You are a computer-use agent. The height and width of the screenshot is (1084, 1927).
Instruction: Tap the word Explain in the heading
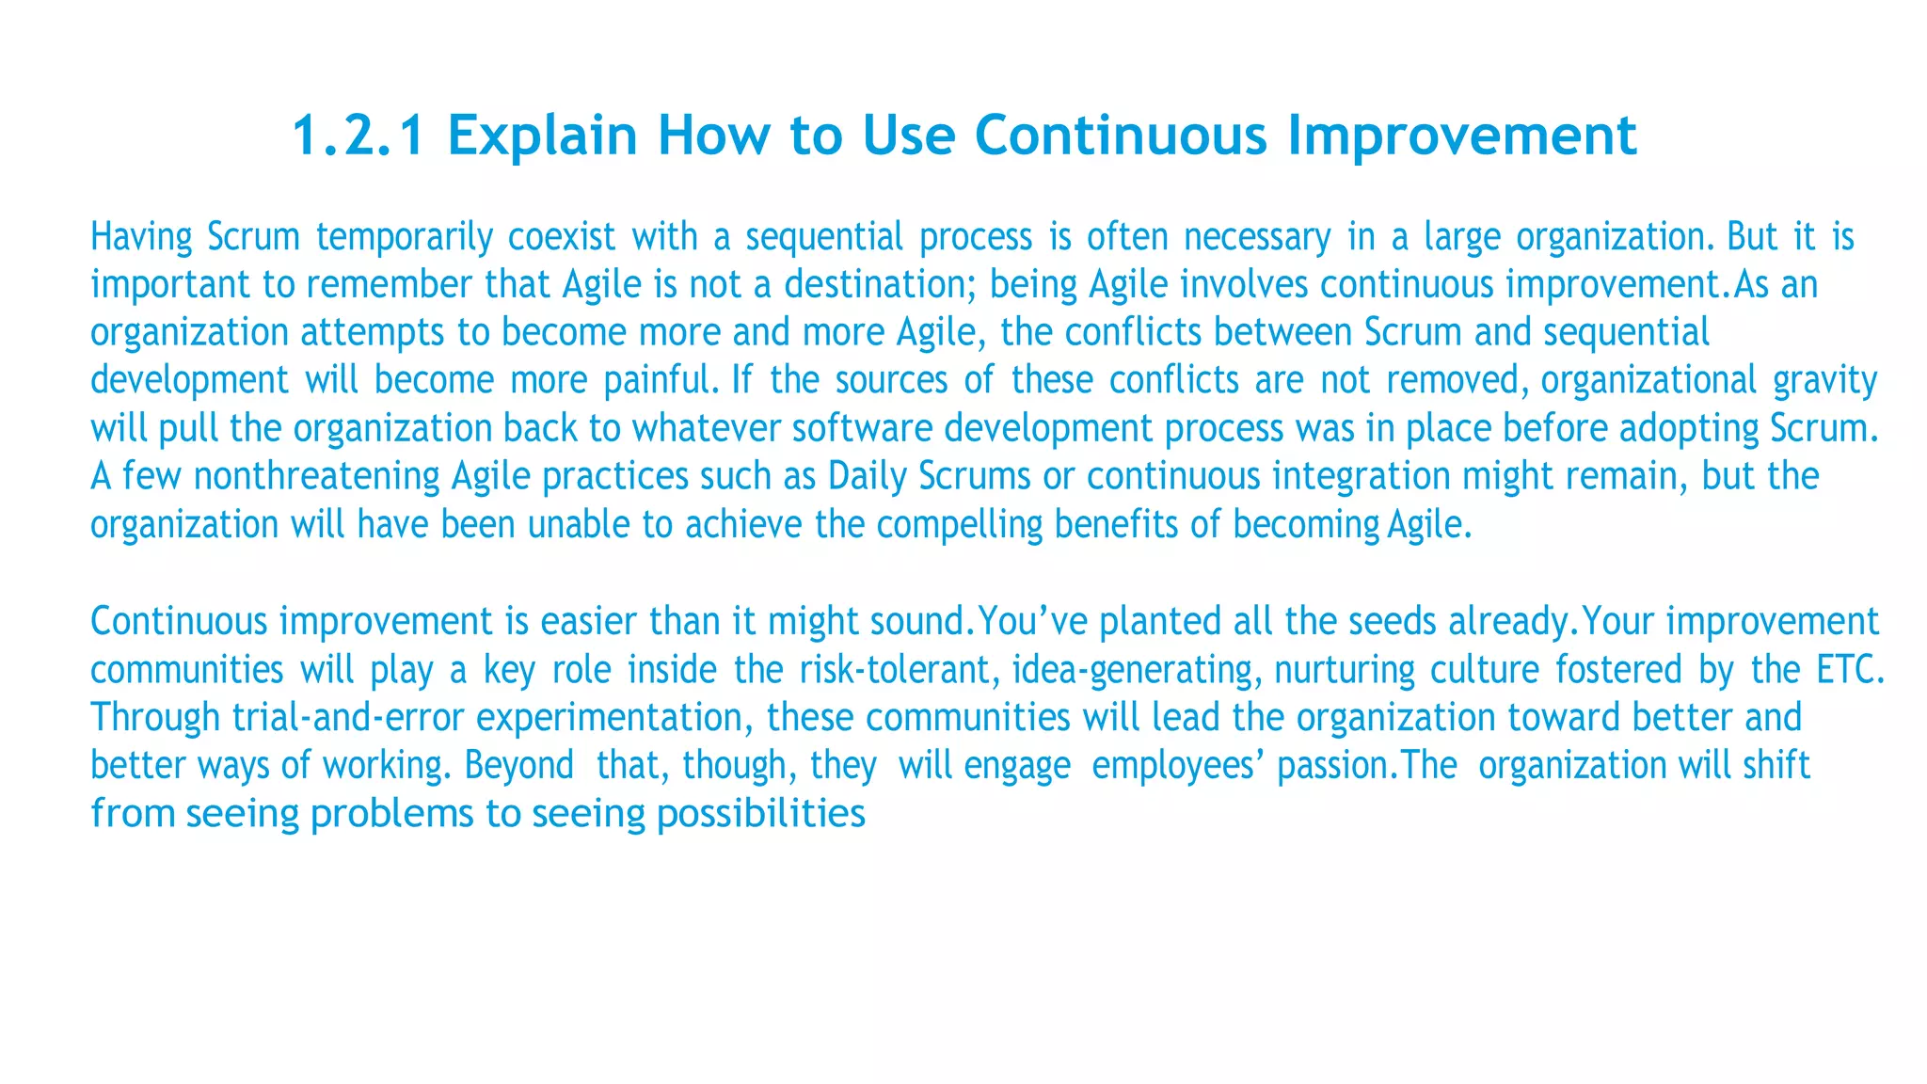(x=543, y=135)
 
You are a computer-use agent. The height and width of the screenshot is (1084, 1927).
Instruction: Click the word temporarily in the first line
(x=404, y=237)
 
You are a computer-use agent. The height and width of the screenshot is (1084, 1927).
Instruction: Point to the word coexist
(x=562, y=237)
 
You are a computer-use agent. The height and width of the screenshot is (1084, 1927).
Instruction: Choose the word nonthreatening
(x=316, y=476)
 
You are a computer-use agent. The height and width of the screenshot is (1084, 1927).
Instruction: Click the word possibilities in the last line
(x=760, y=813)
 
